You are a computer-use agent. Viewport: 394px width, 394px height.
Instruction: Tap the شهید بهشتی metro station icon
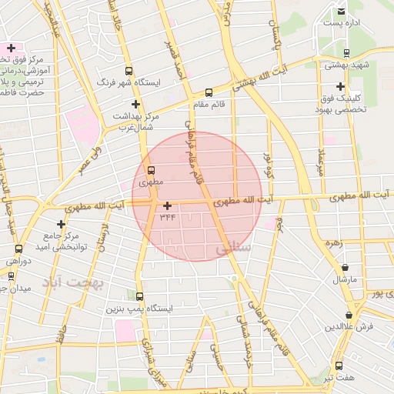(x=346, y=53)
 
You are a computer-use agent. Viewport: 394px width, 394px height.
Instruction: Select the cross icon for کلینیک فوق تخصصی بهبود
(x=340, y=87)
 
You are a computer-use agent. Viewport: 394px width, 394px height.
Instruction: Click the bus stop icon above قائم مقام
(x=209, y=92)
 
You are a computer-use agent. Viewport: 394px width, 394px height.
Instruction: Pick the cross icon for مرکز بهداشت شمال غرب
(x=136, y=104)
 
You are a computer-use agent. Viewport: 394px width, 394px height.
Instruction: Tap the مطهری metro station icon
(x=149, y=170)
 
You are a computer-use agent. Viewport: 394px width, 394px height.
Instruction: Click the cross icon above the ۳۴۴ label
(x=167, y=205)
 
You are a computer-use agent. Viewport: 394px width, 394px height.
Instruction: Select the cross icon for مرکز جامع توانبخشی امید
(x=61, y=224)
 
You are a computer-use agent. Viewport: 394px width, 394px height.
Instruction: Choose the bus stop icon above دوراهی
(x=18, y=249)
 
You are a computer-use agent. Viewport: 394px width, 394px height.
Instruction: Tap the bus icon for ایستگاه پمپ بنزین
(x=139, y=296)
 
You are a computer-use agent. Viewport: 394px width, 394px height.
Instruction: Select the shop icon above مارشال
(x=345, y=268)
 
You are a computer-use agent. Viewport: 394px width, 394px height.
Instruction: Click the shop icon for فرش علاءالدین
(x=349, y=315)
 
